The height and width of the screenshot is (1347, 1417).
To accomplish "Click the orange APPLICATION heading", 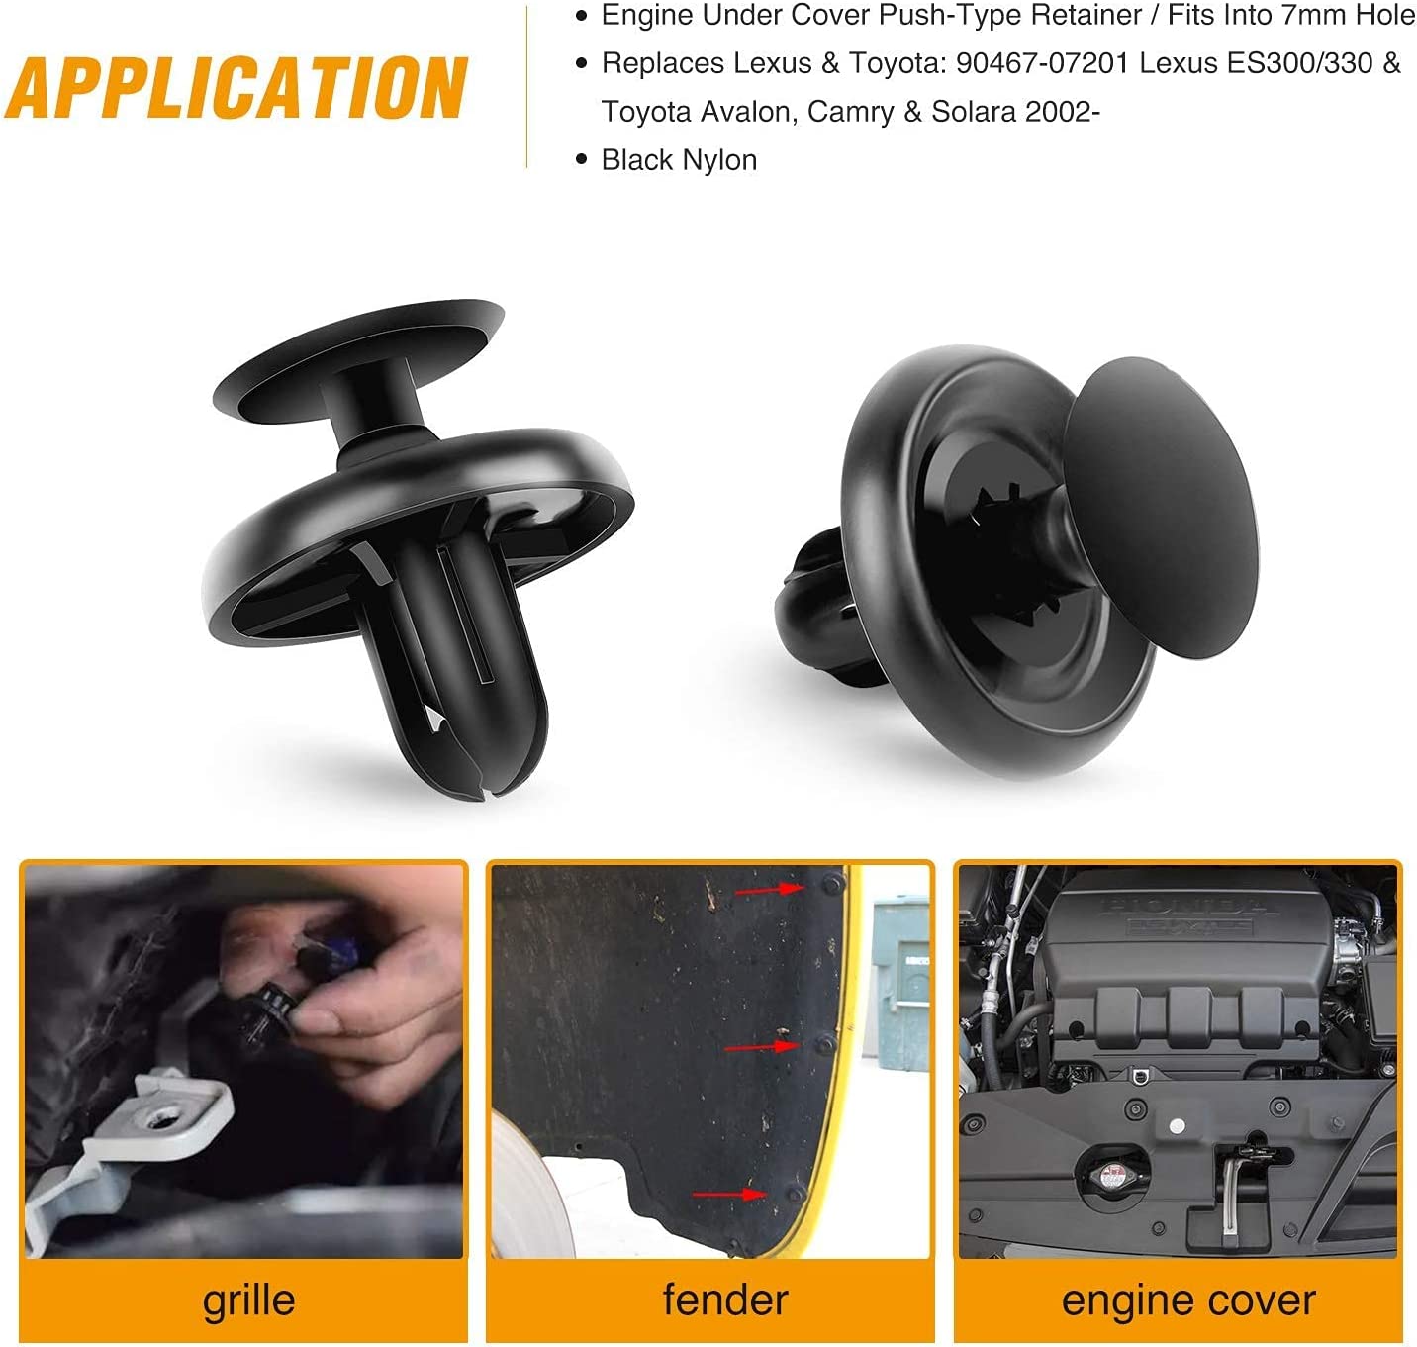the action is click(x=236, y=87).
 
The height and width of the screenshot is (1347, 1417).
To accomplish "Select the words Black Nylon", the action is click(x=679, y=160).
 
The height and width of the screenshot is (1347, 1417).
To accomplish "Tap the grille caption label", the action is click(x=248, y=1299).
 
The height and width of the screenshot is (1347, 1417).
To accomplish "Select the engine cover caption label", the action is click(x=1188, y=1300).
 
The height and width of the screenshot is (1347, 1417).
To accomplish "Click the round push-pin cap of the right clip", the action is click(x=1161, y=507).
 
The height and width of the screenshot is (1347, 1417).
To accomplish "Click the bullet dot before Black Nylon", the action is click(x=582, y=160).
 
